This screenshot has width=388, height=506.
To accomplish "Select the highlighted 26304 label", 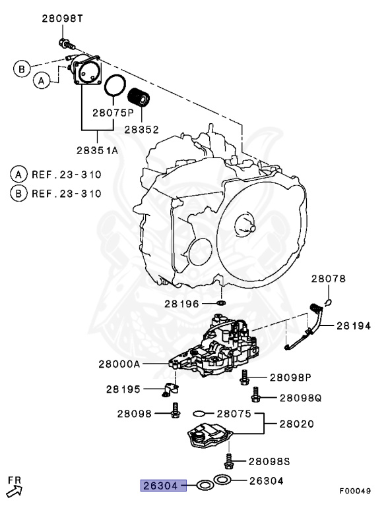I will (x=159, y=486).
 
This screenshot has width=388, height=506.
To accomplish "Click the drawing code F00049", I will (x=356, y=491).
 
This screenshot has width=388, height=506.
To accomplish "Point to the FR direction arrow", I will (x=14, y=488).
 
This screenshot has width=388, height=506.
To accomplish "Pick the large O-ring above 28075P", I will (x=115, y=86).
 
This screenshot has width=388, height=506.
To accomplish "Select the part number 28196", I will (x=182, y=304).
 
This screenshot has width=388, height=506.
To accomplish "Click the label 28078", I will (x=328, y=279).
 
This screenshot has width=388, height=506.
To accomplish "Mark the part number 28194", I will (x=355, y=325).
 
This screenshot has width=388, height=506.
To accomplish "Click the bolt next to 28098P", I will (x=244, y=377).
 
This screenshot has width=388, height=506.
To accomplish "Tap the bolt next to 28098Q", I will (x=255, y=396).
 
